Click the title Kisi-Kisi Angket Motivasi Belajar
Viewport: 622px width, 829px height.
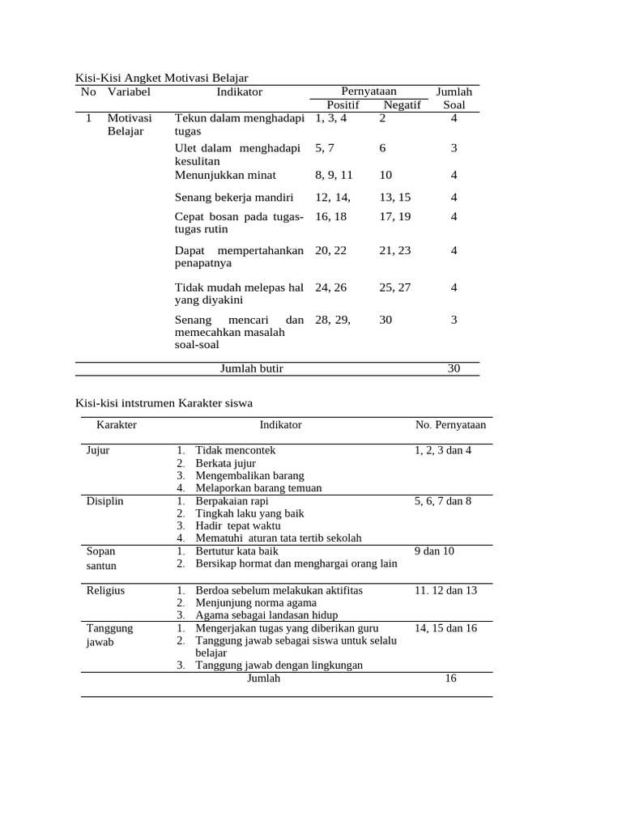161,78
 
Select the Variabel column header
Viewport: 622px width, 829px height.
129,91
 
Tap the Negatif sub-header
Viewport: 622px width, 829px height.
402,105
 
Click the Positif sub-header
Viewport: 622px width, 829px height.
342,105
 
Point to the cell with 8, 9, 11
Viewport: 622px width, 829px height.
334,175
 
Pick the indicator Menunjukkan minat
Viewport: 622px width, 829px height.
225,175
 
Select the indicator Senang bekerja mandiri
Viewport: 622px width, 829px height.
234,197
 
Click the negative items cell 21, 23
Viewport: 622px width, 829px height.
394,251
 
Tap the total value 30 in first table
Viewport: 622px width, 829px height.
454,368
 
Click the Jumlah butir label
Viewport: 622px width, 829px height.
252,368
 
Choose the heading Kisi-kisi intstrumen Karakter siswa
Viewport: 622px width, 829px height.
164,402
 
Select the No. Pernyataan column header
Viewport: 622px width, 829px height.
450,424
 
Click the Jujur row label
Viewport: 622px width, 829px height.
97,450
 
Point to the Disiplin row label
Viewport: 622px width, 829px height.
104,501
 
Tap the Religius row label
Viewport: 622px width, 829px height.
105,590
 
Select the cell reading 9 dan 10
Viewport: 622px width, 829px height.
434,551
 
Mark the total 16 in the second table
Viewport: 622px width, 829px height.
450,678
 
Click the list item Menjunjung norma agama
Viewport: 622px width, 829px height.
255,602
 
